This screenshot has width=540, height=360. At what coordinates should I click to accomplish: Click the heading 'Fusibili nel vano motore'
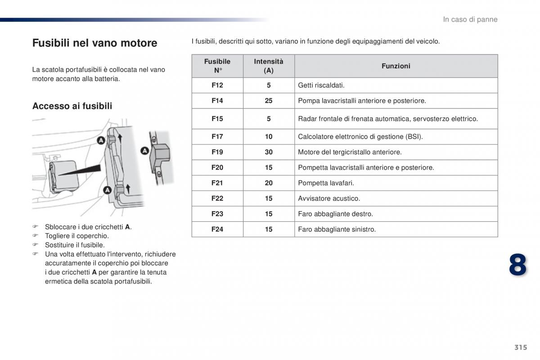94,43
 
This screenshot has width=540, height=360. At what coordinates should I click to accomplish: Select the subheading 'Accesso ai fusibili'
72,106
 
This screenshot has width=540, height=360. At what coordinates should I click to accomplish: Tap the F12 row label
217,85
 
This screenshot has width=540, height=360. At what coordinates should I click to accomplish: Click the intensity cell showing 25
269,101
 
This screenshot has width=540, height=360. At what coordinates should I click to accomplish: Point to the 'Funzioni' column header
396,66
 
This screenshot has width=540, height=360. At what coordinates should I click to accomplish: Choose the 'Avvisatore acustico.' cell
329,198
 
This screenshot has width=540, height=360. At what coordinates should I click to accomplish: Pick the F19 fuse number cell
217,152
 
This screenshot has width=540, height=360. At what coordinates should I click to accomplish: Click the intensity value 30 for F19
269,152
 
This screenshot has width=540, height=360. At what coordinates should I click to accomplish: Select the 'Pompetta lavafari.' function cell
326,183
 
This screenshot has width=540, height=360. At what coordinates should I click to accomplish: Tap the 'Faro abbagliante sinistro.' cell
337,229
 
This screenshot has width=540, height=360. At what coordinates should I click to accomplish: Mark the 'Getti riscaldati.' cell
321,85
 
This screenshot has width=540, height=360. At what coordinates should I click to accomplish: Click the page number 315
520,347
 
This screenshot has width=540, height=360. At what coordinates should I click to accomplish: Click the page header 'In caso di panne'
470,19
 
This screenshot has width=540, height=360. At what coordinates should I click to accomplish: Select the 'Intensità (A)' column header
269,66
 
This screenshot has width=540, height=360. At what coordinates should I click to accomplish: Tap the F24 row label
217,229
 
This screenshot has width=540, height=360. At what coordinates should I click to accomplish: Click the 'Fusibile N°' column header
217,66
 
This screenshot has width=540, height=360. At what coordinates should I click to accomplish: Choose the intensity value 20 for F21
269,183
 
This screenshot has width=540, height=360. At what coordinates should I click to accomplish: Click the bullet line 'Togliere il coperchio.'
76,236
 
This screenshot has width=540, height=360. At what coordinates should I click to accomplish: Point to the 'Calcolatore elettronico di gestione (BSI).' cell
360,137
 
